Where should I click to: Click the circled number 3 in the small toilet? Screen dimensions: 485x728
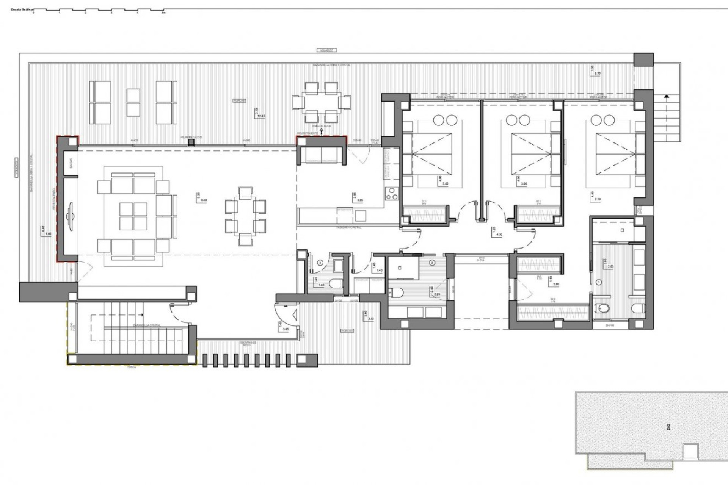pos(320,262)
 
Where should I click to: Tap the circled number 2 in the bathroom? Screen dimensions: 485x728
pos(432,262)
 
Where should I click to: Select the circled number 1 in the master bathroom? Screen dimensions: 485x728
pos(599,282)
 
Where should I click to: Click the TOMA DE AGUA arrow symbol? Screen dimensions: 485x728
pos(322,131)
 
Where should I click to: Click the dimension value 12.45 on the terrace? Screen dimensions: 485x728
pos(260,116)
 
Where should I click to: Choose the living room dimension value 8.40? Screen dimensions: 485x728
pos(204,200)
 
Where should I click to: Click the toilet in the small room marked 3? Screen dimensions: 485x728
pos(336,283)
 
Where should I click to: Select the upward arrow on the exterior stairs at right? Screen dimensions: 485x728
pos(666,97)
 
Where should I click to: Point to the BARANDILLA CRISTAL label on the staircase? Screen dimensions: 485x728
pos(146,325)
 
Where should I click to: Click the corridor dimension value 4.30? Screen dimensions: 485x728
pos(499,235)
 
